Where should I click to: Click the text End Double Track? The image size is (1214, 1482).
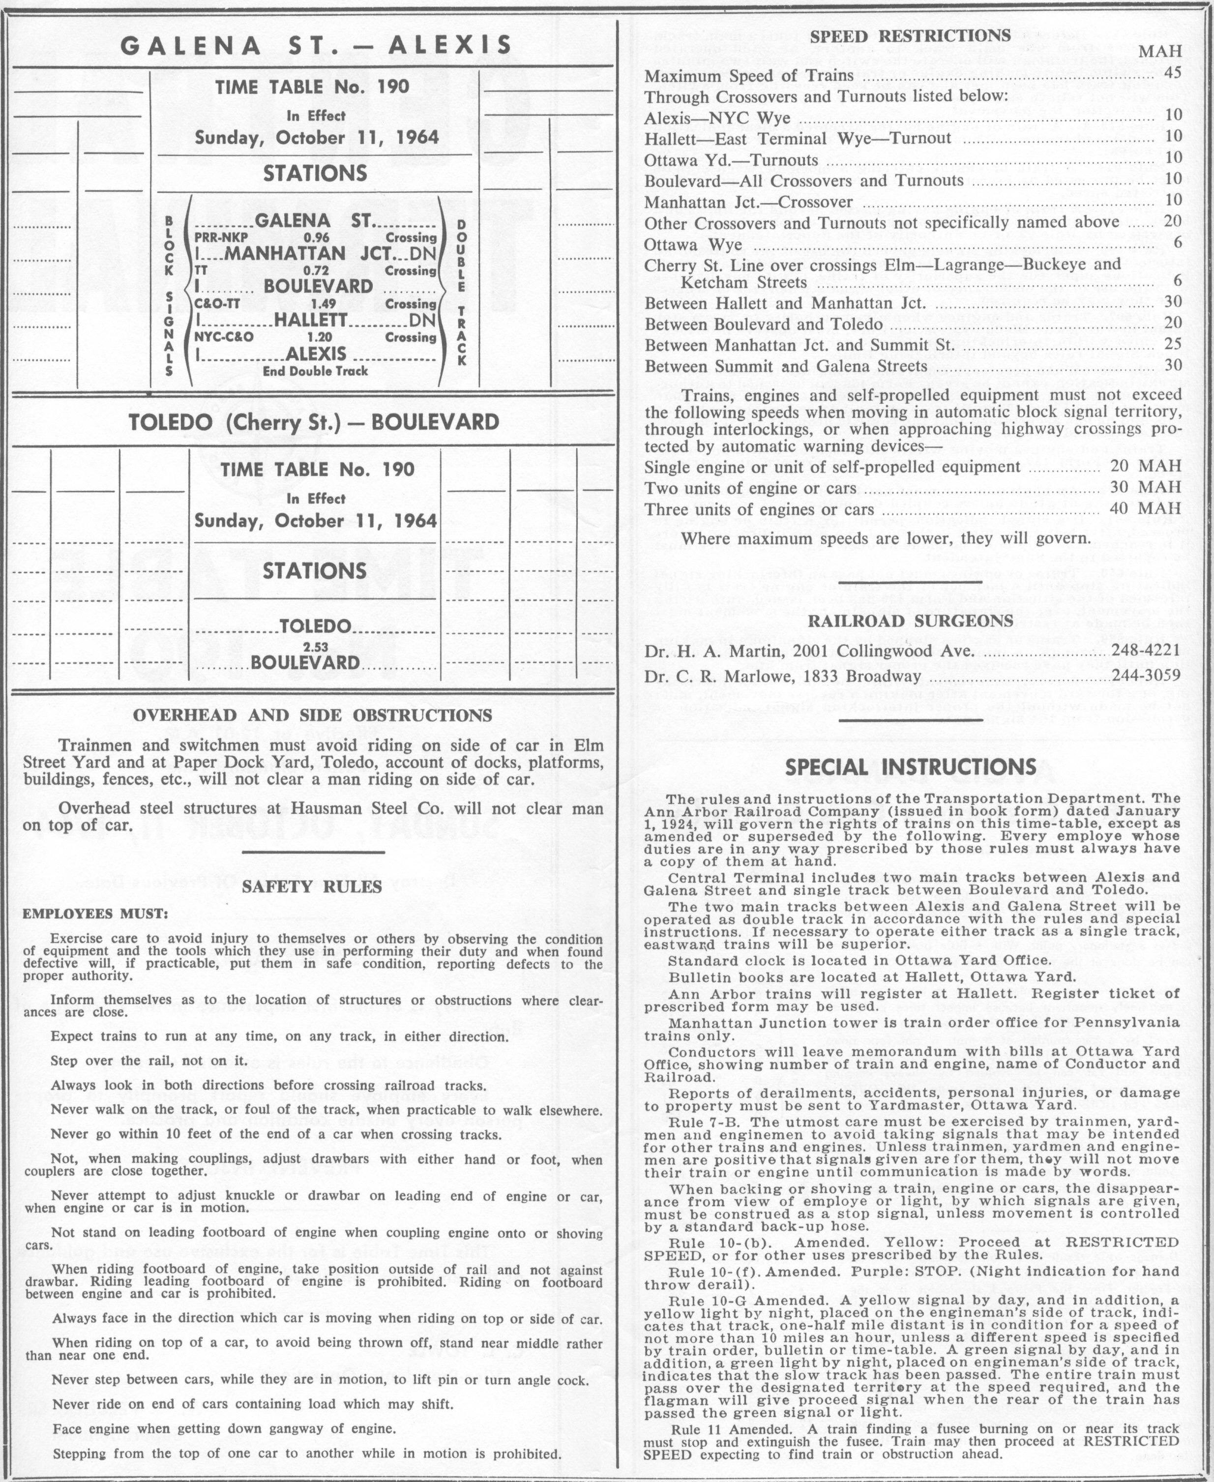[x=315, y=371]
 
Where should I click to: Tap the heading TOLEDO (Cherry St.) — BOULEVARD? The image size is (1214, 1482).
[x=314, y=422]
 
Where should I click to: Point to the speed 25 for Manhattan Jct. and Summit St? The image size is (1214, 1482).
[x=1172, y=346]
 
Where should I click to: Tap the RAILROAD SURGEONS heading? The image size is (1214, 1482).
[x=911, y=621]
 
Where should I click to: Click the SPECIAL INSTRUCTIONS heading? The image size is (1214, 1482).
[x=911, y=767]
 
